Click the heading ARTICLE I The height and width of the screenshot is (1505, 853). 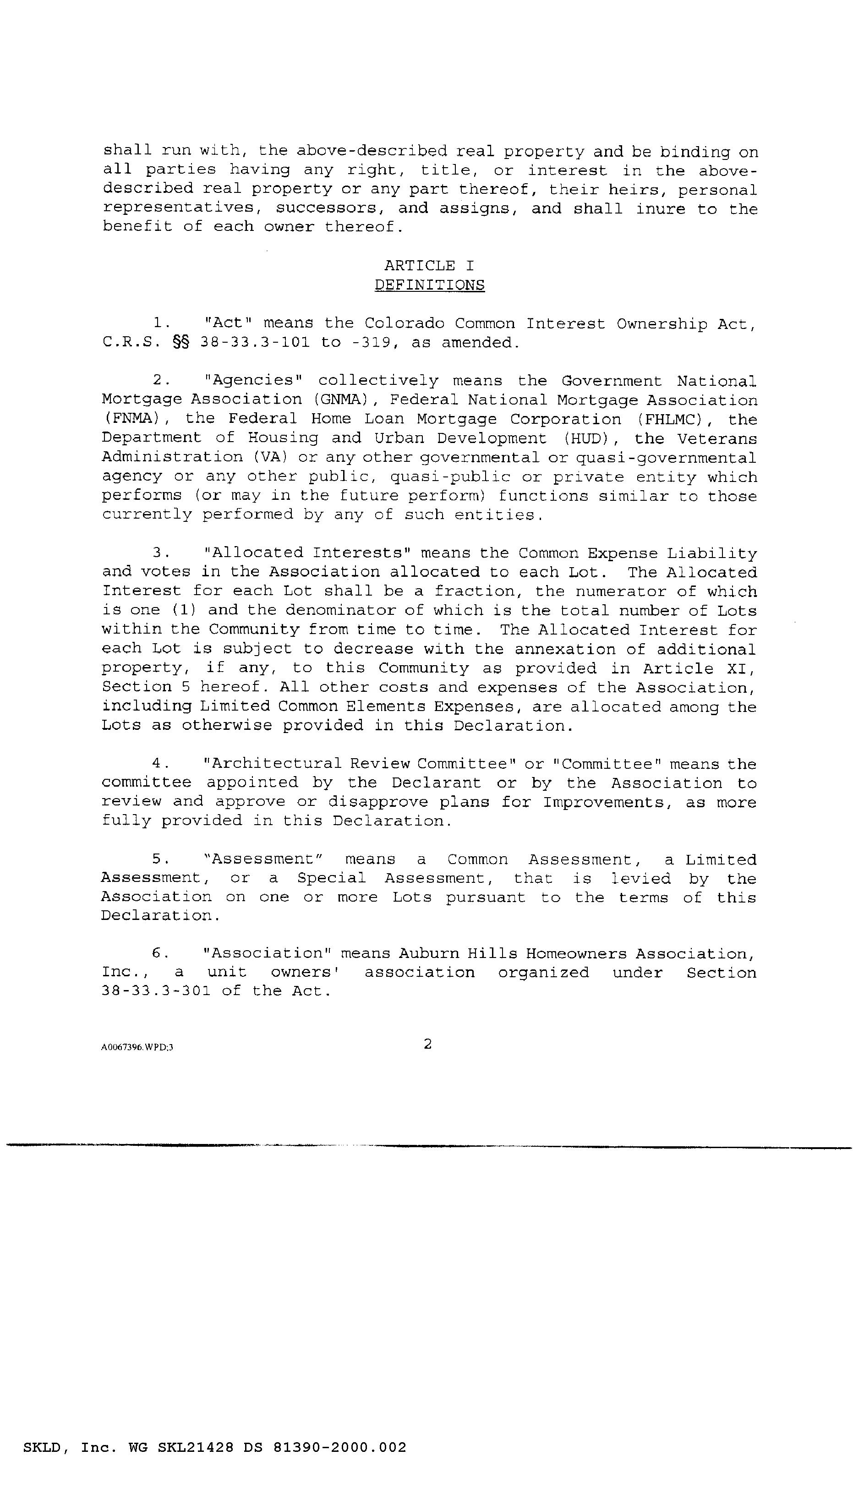[429, 266]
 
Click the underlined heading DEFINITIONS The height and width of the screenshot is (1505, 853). [429, 285]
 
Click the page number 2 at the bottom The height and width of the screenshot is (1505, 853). [428, 1043]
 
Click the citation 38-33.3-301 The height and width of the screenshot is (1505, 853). [156, 991]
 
